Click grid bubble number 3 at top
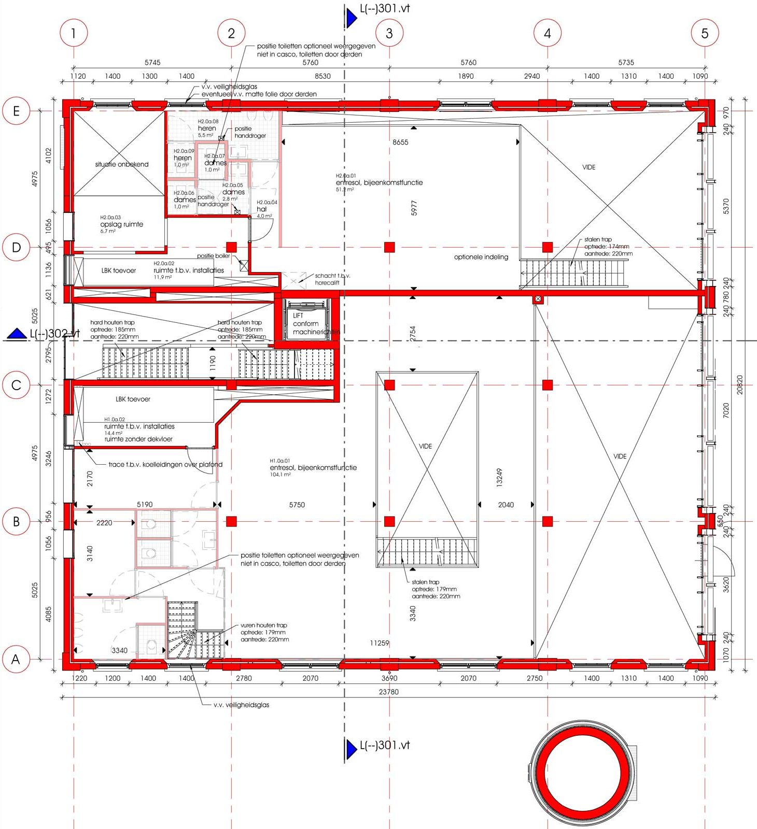(x=389, y=33)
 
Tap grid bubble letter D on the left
(x=16, y=247)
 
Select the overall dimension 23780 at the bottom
(x=389, y=692)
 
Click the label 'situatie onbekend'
(x=121, y=164)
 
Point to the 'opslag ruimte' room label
(x=121, y=224)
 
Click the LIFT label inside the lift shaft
(x=298, y=316)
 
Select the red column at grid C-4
(x=548, y=385)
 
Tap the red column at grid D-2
(x=231, y=247)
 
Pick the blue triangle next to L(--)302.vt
(x=17, y=334)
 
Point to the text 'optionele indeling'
(x=481, y=257)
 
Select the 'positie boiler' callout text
(x=213, y=256)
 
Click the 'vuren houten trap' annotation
(x=263, y=625)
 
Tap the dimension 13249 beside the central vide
(x=499, y=478)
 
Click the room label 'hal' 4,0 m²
(x=262, y=209)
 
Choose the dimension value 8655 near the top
(x=400, y=142)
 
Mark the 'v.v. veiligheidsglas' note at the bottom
(x=241, y=705)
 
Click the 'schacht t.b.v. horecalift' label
(x=332, y=279)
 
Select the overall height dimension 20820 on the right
(x=739, y=385)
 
